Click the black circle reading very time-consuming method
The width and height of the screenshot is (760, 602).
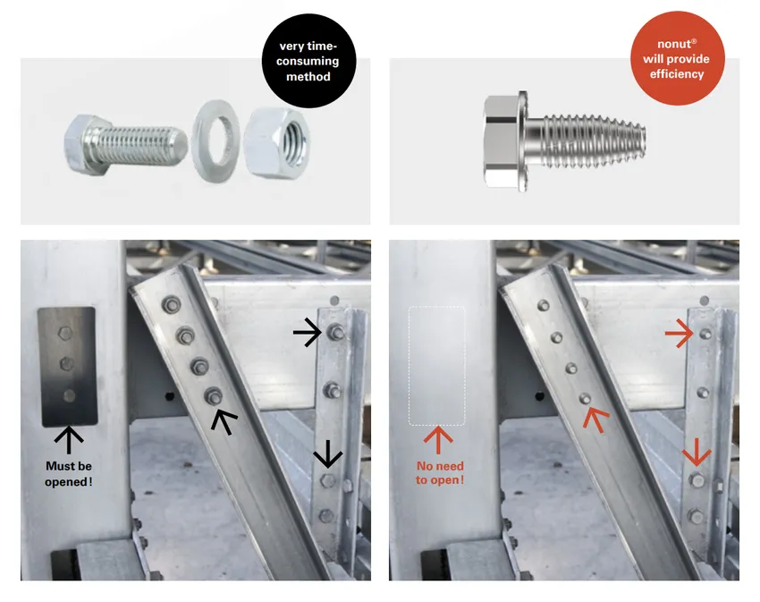(x=308, y=61)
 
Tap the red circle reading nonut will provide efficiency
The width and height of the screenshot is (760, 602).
(x=677, y=58)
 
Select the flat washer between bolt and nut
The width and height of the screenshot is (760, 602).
(x=215, y=141)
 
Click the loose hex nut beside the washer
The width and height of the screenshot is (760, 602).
(x=276, y=143)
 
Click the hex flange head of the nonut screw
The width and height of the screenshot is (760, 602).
(x=505, y=140)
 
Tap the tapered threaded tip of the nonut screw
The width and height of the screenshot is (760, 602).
(x=630, y=140)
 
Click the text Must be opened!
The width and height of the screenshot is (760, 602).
(x=68, y=473)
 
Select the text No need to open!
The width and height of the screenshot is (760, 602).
(x=440, y=473)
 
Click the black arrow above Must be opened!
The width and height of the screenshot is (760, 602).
(x=69, y=440)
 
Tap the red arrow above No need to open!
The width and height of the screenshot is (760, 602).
(x=438, y=440)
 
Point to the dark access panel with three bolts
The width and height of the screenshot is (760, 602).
(x=67, y=367)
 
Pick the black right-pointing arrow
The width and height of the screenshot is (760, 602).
(x=308, y=332)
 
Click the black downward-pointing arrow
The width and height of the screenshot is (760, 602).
(x=327, y=454)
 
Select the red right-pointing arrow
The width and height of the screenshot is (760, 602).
(x=679, y=334)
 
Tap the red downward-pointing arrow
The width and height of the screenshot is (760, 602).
(x=697, y=452)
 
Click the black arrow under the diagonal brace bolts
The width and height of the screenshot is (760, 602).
(x=224, y=421)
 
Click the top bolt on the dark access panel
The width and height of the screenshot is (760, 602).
(x=65, y=334)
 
